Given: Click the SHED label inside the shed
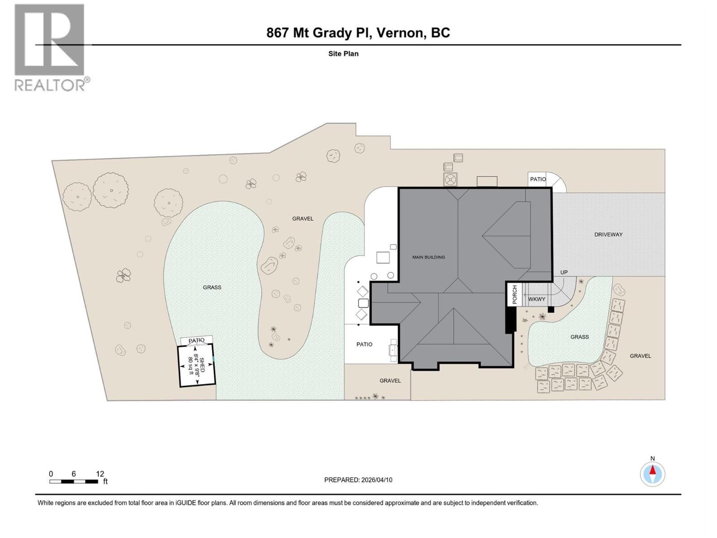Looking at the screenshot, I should click(202, 364).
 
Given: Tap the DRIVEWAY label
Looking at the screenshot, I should click(608, 234).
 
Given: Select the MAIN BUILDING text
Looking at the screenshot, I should click(428, 257).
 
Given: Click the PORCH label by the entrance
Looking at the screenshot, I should click(514, 295).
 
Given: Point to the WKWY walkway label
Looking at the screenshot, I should click(536, 299).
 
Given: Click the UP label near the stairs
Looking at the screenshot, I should click(564, 272).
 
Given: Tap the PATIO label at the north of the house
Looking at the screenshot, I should click(538, 179).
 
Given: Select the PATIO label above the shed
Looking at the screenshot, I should click(196, 341).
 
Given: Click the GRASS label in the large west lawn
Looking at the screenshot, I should click(212, 287).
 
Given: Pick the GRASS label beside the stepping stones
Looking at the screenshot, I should click(579, 337).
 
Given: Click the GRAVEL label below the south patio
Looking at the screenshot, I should click(390, 381).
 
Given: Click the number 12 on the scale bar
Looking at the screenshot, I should click(99, 474).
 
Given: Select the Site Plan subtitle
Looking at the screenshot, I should click(343, 54).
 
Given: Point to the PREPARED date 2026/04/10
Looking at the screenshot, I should click(376, 480).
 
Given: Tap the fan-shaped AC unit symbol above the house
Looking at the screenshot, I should click(450, 179).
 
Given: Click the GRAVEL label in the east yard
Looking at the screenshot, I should click(640, 356).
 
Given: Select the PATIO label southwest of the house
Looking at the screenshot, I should click(364, 344).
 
